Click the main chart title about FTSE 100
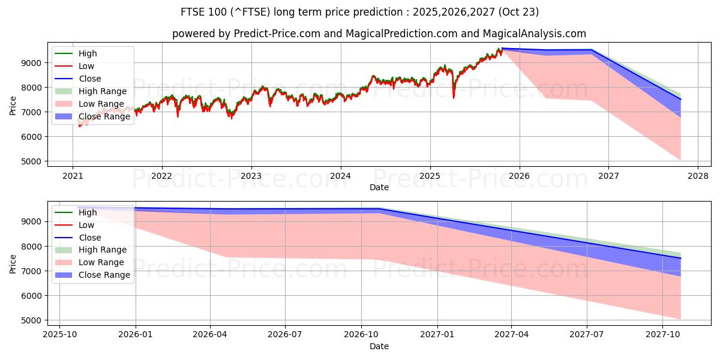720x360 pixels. pyautogui.click(x=359, y=12)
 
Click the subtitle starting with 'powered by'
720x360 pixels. pyautogui.click(x=379, y=34)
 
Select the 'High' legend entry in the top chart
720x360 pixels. pyautogui.click(x=88, y=53)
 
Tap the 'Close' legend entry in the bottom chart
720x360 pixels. pyautogui.click(x=89, y=238)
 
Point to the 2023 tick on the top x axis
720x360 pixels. pyautogui.click(x=251, y=176)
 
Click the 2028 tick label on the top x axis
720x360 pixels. pyautogui.click(x=698, y=176)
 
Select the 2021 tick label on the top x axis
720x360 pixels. pyautogui.click(x=73, y=176)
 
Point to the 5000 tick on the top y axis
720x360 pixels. pyautogui.click(x=32, y=161)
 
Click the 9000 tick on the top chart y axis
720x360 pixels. pyautogui.click(x=32, y=63)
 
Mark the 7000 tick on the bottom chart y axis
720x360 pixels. pyautogui.click(x=32, y=271)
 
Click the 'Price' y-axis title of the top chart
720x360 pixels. pyautogui.click(x=13, y=105)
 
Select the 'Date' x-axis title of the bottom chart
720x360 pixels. pyautogui.click(x=379, y=346)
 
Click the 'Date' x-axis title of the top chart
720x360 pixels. pyautogui.click(x=379, y=187)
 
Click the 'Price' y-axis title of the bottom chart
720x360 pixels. pyautogui.click(x=13, y=264)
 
